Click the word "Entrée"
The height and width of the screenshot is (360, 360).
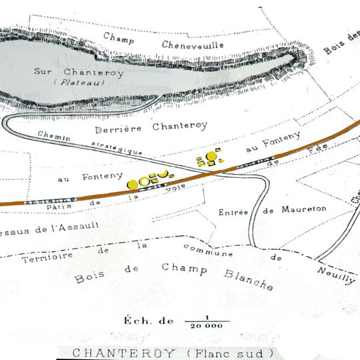click(x=233, y=212)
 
